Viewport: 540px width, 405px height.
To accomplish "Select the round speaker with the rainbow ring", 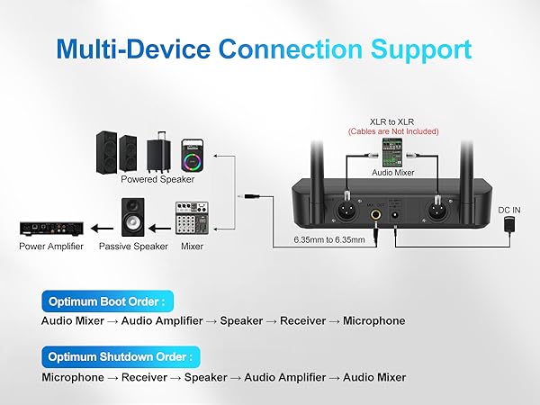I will click(193, 155).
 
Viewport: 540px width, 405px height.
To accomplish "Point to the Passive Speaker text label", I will click(133, 246).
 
